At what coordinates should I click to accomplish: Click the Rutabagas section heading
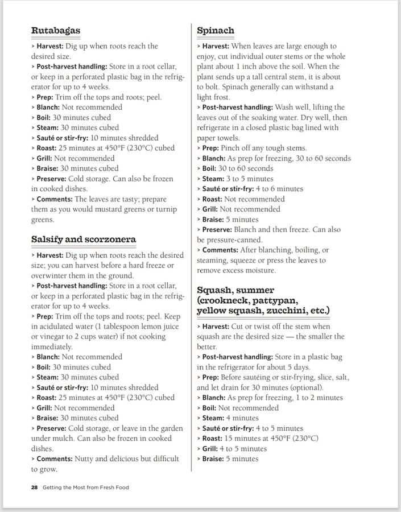coord(55,30)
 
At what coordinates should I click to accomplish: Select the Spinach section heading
coord(216,30)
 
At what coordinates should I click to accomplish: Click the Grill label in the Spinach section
coord(209,209)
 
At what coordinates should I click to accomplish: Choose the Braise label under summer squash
coord(212,459)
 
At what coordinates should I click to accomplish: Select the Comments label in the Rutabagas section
coord(53,199)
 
